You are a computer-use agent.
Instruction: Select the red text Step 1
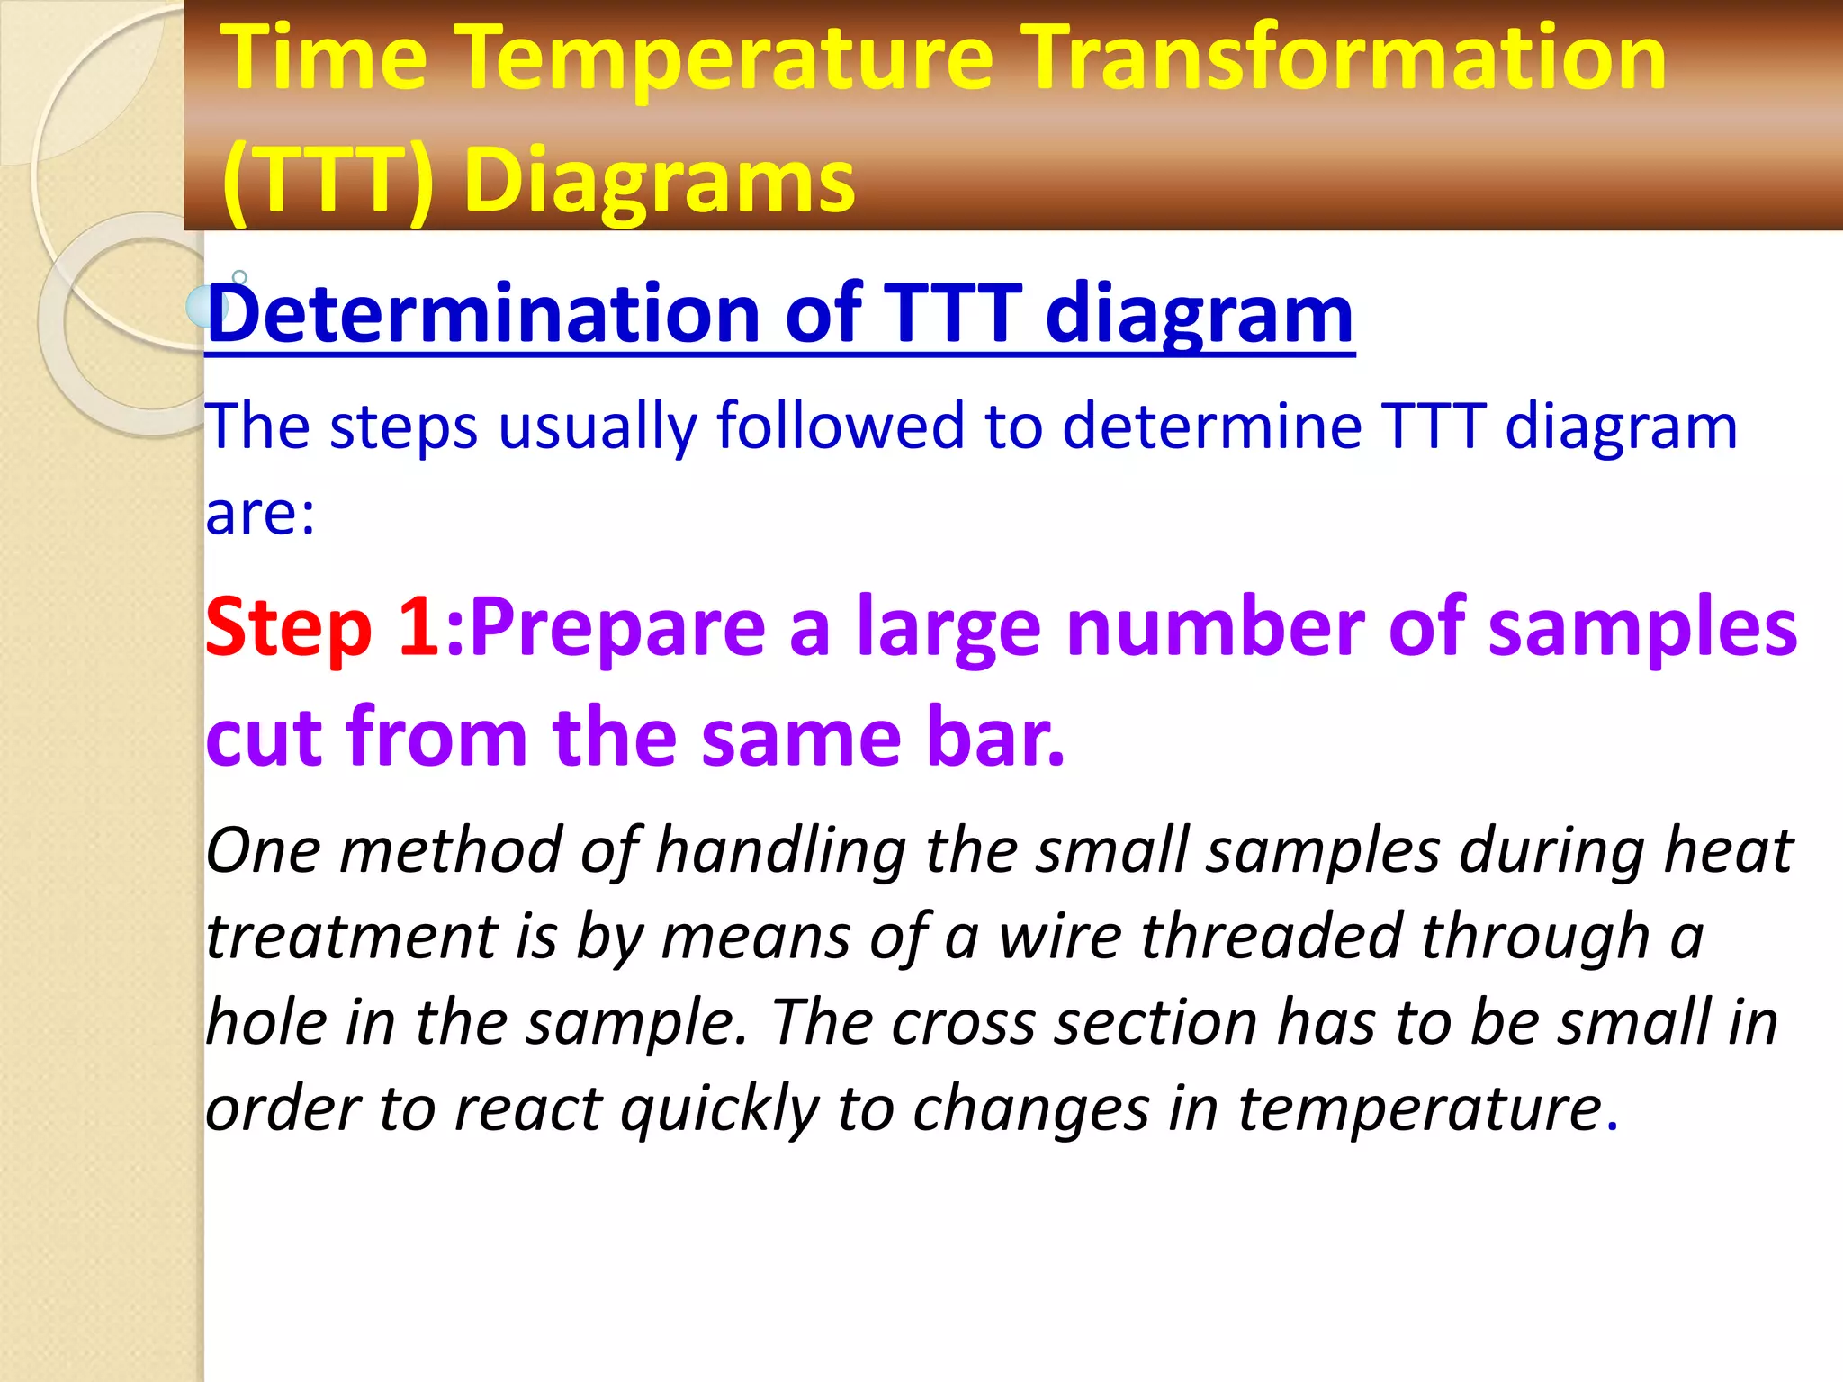pyautogui.click(x=321, y=627)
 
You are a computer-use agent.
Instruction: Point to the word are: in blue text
pyautogui.click(x=260, y=515)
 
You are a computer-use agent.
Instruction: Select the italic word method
pyautogui.click(x=450, y=850)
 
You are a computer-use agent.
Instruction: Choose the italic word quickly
pyautogui.click(x=719, y=1108)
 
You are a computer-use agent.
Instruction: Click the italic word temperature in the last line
pyautogui.click(x=1420, y=1108)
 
